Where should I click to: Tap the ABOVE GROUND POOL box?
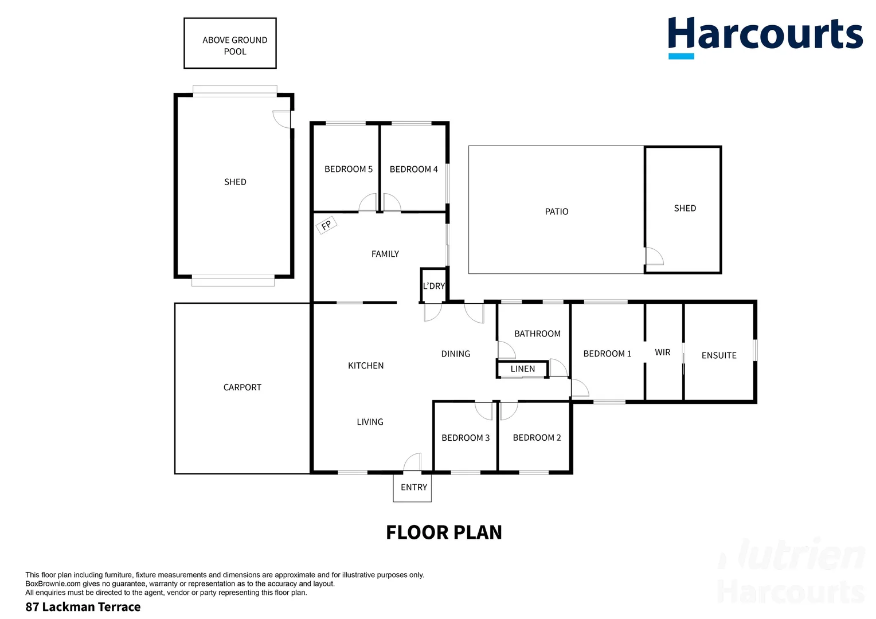[230, 44]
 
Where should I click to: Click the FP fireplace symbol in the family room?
[326, 225]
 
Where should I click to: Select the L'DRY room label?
[433, 286]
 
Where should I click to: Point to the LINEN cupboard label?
[522, 369]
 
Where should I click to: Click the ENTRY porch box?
[412, 487]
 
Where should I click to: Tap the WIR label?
[662, 352]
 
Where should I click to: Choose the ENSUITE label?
[718, 355]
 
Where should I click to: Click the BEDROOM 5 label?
[348, 169]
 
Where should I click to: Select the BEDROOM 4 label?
[413, 169]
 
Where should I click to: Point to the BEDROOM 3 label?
[465, 438]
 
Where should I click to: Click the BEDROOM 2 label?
[537, 438]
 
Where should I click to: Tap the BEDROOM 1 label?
[607, 354]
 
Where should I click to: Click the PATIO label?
[556, 211]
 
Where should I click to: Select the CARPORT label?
[242, 387]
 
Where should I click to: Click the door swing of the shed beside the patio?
[654, 256]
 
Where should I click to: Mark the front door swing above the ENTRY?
[413, 462]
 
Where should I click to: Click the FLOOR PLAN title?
[444, 532]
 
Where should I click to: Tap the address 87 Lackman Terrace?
[83, 607]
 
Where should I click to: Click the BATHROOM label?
[537, 334]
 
